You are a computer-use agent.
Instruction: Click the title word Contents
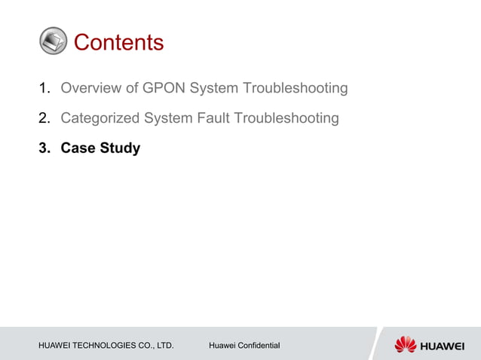[118, 42]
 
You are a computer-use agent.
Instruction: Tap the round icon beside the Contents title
[53, 41]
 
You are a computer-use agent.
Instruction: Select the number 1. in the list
[44, 89]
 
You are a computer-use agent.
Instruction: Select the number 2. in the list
[44, 118]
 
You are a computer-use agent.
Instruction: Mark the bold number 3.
[44, 148]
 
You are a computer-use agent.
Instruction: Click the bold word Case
[78, 148]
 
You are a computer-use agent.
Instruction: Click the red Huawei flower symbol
[405, 344]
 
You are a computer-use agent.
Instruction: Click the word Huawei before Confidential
[222, 346]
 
